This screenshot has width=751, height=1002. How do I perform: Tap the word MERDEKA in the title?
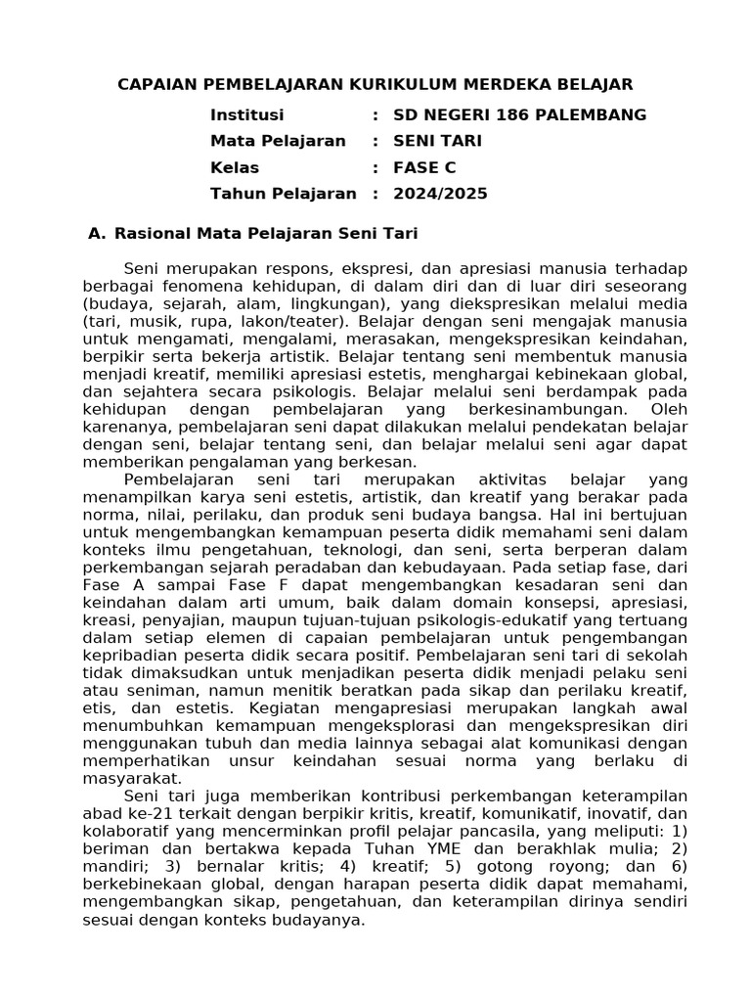[x=499, y=84]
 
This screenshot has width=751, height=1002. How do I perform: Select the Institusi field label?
[x=246, y=114]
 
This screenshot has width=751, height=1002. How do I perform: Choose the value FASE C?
[x=424, y=167]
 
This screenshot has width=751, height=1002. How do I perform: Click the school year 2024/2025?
[x=440, y=194]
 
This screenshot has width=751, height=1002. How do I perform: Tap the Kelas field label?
[x=235, y=167]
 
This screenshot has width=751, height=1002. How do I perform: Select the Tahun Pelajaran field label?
[x=283, y=194]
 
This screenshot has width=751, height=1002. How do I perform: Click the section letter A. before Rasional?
[x=96, y=233]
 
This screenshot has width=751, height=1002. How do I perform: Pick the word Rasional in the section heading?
[x=155, y=233]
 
